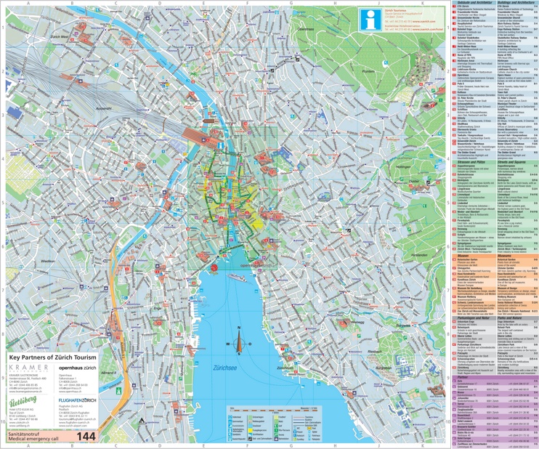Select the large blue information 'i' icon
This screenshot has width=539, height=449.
(x=370, y=22)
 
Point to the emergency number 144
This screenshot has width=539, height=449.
(x=86, y=436)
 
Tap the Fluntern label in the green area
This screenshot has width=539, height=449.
(x=368, y=71)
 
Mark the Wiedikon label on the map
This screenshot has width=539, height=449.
(x=48, y=259)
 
